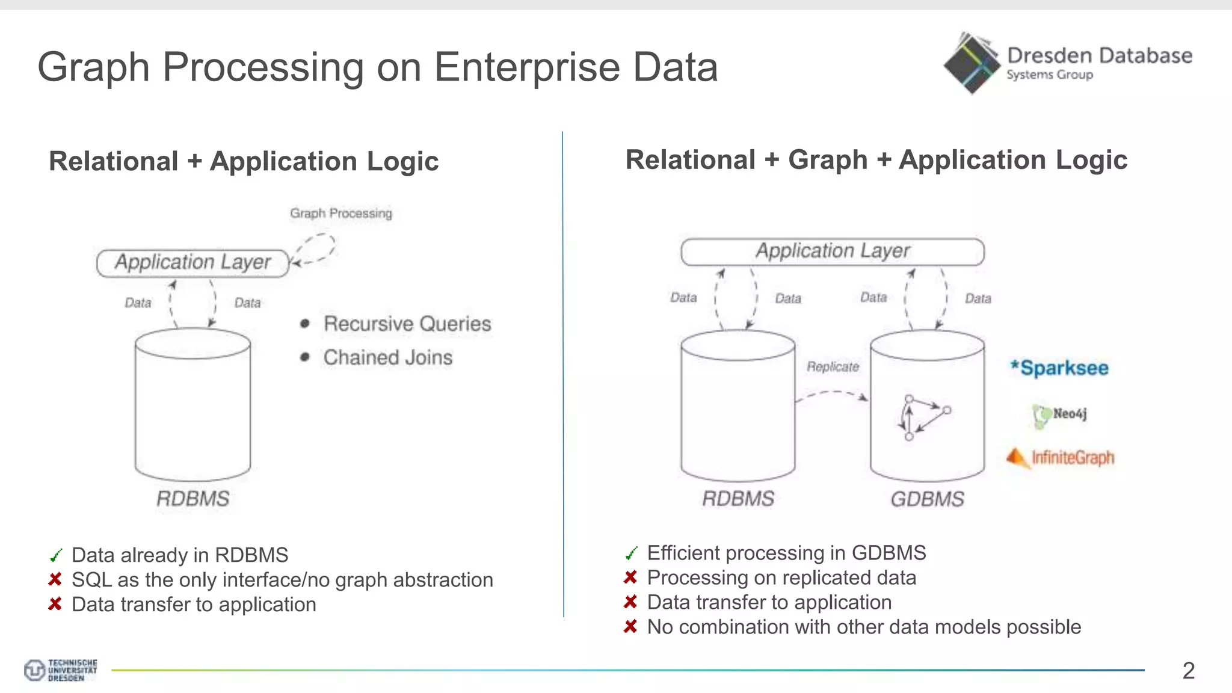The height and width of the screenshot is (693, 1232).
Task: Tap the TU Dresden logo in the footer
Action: tap(60, 670)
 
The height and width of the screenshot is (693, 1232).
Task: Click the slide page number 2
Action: tap(1188, 671)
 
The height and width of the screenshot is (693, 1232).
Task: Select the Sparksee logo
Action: tap(1059, 368)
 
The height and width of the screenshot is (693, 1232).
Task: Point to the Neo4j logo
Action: tap(1060, 415)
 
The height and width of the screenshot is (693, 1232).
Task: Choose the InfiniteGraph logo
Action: tap(1061, 458)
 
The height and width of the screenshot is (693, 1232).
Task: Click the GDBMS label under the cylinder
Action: tap(927, 499)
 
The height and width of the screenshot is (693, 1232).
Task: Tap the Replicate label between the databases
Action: tap(833, 366)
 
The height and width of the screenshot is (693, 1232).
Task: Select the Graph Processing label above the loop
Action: tap(340, 213)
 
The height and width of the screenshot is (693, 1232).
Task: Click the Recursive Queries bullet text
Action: tap(407, 324)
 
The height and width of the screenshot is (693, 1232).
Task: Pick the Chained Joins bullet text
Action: tap(388, 357)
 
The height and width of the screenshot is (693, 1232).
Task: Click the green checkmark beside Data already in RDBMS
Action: tap(56, 555)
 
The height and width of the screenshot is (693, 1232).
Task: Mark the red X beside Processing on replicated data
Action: tap(630, 577)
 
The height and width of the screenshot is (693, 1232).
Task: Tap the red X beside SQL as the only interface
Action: tap(55, 579)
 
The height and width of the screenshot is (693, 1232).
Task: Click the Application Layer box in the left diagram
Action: tap(193, 263)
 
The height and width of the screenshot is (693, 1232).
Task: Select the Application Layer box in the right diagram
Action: tap(833, 251)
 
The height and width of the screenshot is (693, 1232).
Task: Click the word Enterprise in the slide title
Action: tap(527, 67)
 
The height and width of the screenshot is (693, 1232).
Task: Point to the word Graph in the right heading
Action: tap(828, 160)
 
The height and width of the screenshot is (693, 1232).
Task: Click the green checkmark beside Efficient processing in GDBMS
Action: tap(631, 553)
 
